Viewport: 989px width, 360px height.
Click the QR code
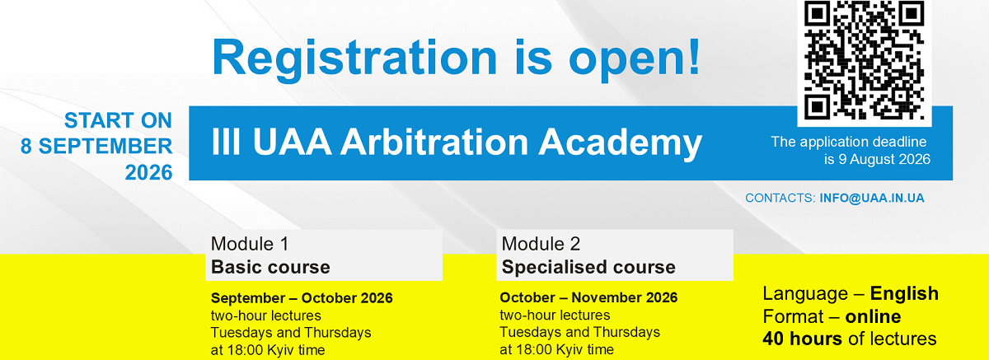864,60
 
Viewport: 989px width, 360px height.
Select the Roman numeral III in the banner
226,142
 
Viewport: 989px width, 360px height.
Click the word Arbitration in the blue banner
434,142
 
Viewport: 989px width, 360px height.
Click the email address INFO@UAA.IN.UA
872,198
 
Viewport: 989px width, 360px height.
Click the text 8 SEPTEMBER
96,147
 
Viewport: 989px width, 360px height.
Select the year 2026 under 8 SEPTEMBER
148,172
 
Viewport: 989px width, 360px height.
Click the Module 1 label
250,244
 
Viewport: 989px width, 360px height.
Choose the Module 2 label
541,244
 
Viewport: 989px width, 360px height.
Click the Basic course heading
270,267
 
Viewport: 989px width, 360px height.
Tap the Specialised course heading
588,267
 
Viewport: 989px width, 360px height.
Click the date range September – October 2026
302,297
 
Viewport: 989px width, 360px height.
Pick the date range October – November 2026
588,297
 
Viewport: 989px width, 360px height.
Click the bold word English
904,294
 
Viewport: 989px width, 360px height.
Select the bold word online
873,316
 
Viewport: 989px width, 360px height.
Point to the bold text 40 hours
802,339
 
